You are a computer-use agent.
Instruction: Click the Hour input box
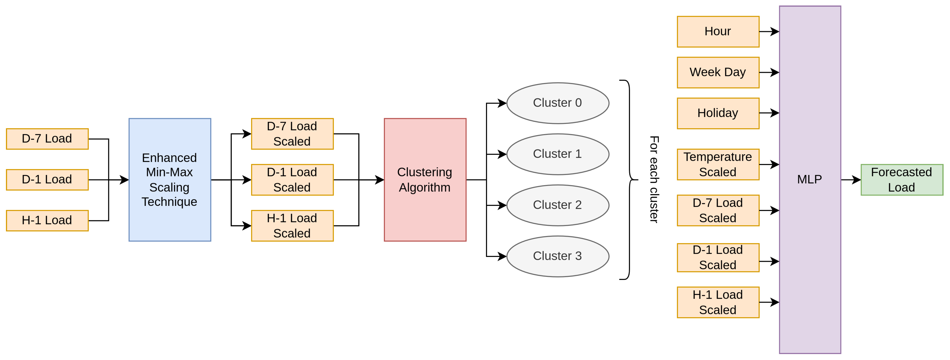coord(718,32)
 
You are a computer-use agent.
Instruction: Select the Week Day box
coord(718,72)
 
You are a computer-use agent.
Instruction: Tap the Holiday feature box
coord(718,113)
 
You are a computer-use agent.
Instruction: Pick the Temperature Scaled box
coord(718,164)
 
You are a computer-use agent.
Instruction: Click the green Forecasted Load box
coord(901,180)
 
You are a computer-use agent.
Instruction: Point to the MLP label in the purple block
coord(809,180)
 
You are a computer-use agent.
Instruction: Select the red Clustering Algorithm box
coord(425,180)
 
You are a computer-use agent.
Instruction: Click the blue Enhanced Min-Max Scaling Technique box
coord(170,180)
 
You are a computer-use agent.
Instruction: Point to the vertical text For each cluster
coord(654,180)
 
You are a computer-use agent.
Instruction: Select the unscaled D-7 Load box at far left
coord(47,139)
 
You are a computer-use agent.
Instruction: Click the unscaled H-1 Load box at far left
coord(47,221)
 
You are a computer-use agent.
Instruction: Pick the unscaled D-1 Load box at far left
coord(47,180)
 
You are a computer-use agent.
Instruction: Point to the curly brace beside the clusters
coord(629,180)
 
